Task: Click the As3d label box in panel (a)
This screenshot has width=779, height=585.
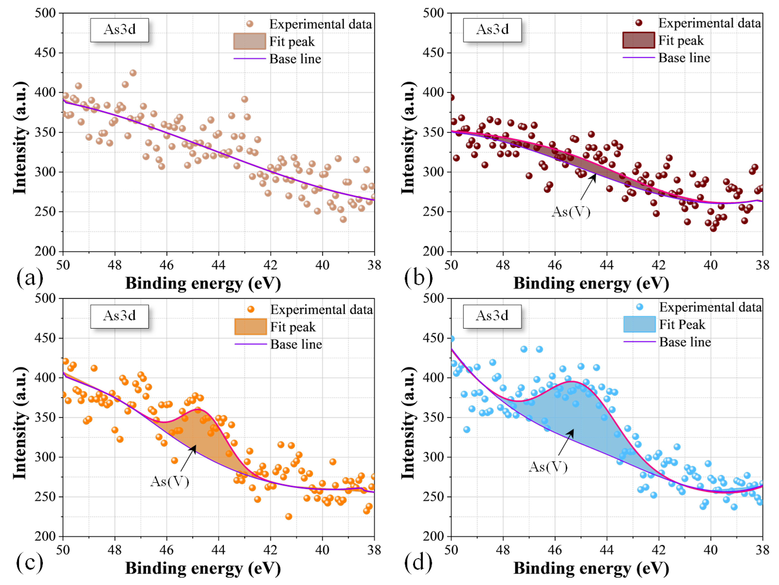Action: point(119,30)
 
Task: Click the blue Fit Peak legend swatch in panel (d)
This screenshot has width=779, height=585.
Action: point(639,324)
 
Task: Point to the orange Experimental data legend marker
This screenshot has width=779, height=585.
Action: point(251,309)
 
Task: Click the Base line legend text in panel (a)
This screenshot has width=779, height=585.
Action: point(295,59)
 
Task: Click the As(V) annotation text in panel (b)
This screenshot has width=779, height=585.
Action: point(570,212)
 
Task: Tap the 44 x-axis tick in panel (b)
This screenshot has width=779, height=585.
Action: point(607,265)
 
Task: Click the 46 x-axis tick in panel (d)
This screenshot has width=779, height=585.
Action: point(555,550)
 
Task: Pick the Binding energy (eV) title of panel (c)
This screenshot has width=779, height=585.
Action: point(203,568)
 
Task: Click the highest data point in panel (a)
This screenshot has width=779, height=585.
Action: point(133,73)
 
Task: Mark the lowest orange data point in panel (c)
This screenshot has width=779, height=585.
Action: point(288,516)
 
